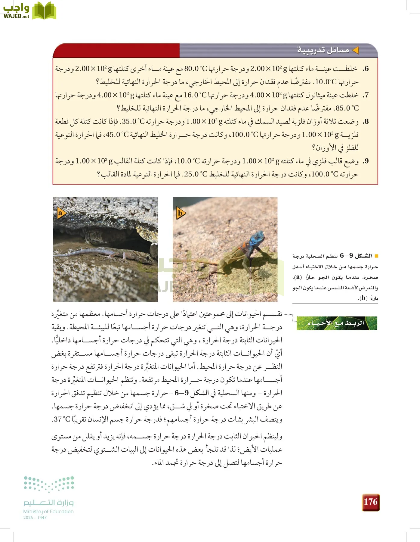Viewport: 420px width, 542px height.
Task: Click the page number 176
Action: (x=370, y=502)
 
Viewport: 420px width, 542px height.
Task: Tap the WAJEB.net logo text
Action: (x=16, y=16)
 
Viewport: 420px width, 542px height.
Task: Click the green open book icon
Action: (x=44, y=11)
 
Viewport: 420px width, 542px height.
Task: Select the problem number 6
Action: (x=366, y=69)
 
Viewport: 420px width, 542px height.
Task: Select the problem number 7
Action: (x=366, y=95)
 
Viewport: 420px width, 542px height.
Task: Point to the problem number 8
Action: (x=366, y=122)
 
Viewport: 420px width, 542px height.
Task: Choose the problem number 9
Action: (x=366, y=161)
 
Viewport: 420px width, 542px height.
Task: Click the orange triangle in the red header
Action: (x=356, y=50)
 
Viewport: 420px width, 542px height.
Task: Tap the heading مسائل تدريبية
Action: (x=323, y=50)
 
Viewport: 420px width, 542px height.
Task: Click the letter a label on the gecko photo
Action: (x=60, y=213)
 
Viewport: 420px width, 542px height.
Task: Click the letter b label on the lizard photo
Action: (x=180, y=213)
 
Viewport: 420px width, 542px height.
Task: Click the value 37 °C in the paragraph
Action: (x=62, y=419)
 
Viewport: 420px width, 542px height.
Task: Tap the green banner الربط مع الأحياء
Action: (x=337, y=323)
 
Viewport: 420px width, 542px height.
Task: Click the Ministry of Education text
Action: (x=48, y=511)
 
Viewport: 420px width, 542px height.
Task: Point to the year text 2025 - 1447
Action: (x=35, y=518)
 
